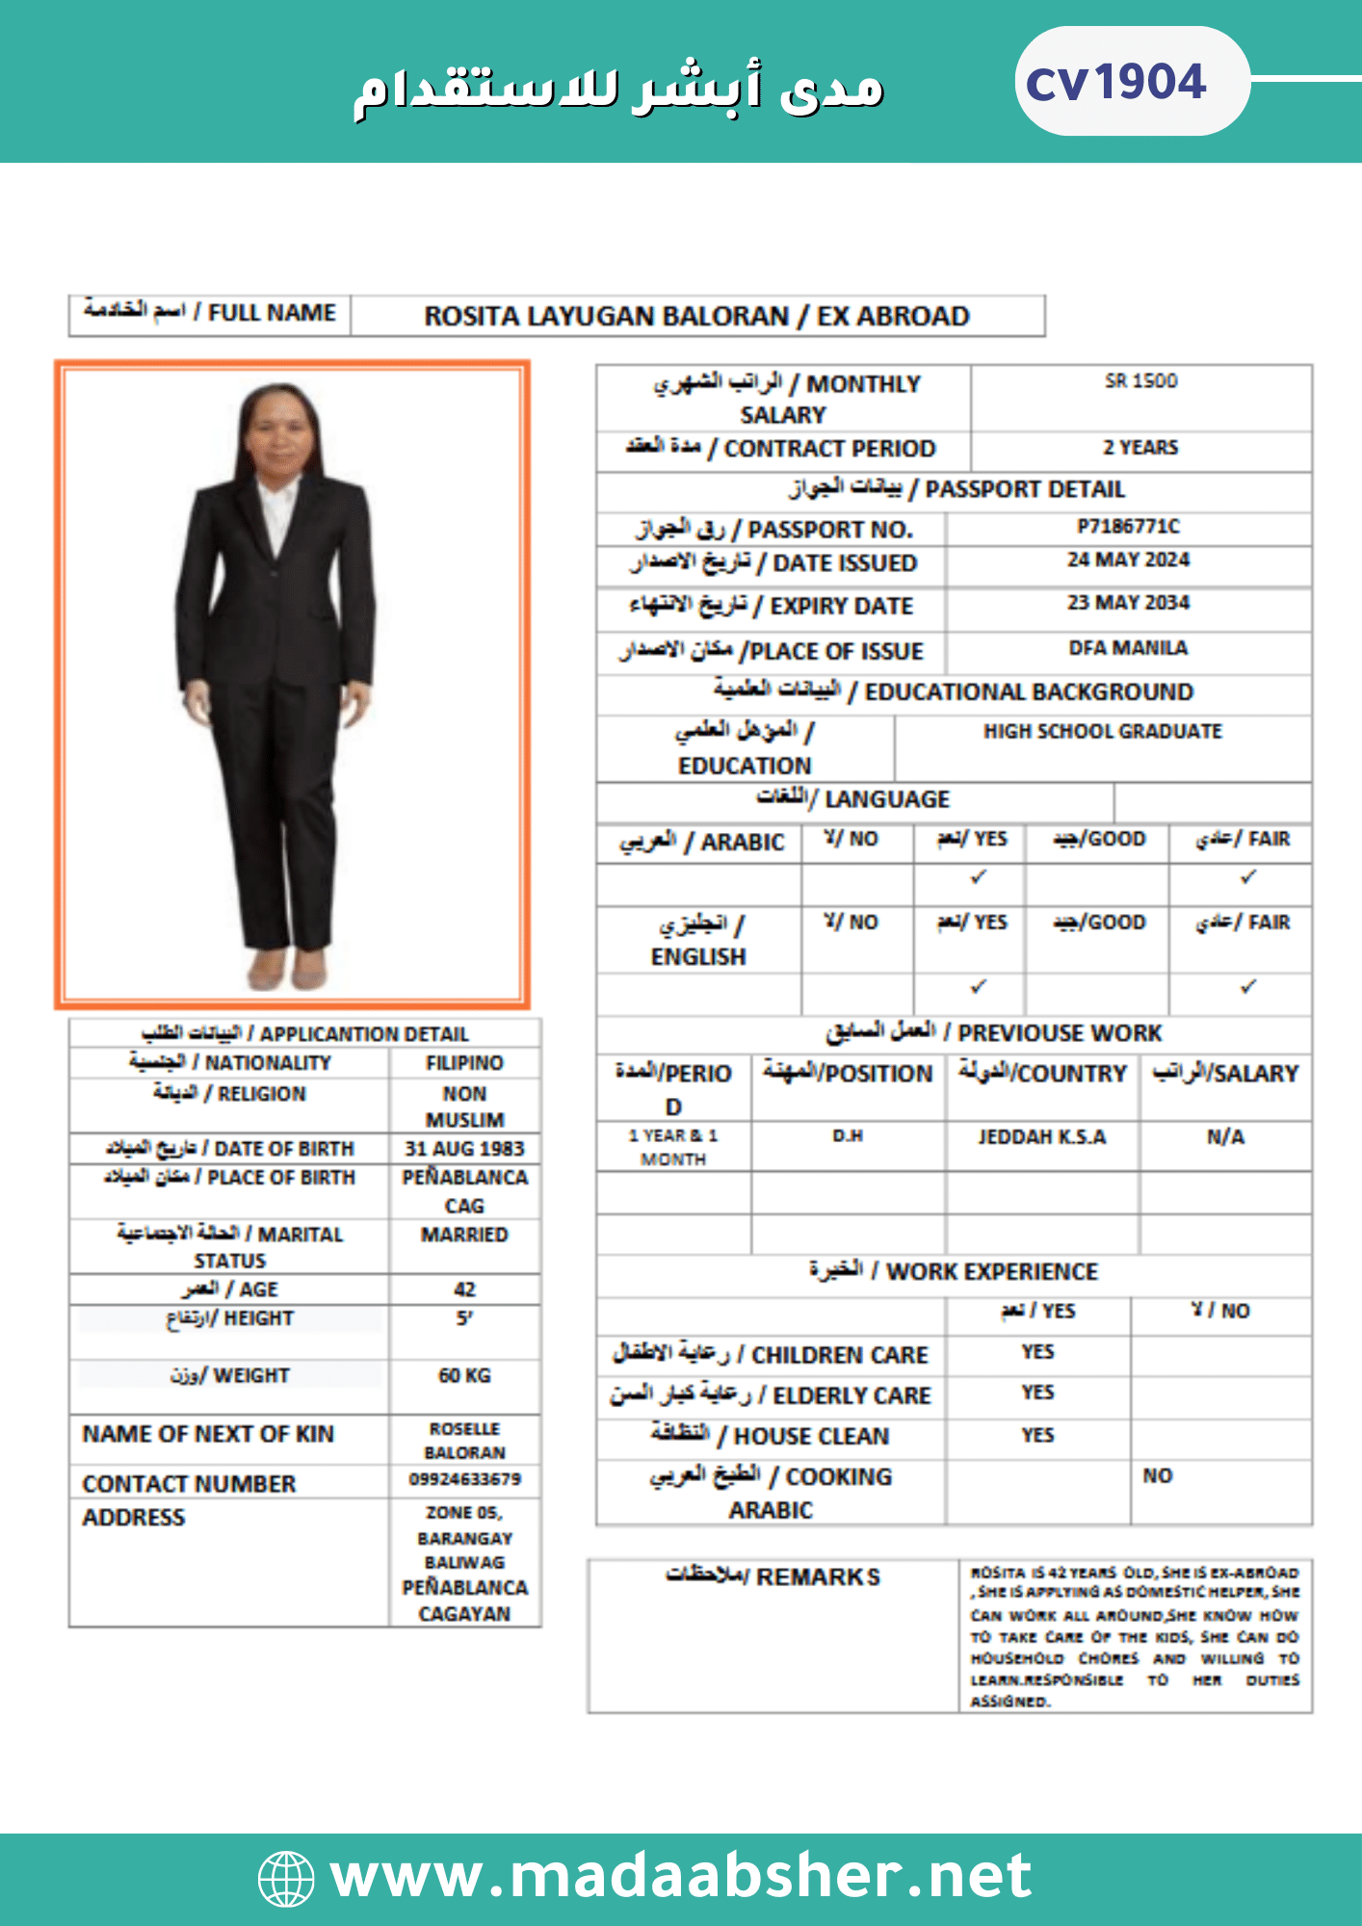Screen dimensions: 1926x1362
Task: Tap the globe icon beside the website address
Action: click(286, 1878)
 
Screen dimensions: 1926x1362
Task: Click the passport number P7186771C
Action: click(1128, 527)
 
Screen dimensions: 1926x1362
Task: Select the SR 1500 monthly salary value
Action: click(1140, 381)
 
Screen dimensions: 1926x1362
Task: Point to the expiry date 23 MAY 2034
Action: click(1128, 603)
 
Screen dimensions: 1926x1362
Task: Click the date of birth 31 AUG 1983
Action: click(464, 1149)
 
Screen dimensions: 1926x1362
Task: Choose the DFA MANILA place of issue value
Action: click(1128, 648)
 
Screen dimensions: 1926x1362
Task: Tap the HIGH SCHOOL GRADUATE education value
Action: click(1102, 732)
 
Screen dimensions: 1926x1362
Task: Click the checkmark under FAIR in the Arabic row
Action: click(1248, 877)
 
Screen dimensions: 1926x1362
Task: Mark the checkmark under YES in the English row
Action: click(979, 987)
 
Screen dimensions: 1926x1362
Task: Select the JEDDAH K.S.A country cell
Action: click(1042, 1137)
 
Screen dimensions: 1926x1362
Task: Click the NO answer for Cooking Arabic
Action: click(1158, 1476)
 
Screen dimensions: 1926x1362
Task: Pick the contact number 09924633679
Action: click(464, 1479)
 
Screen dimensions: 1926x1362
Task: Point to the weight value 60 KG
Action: click(464, 1376)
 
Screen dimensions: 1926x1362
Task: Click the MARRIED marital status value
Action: click(464, 1235)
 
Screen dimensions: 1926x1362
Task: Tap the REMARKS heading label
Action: click(773, 1577)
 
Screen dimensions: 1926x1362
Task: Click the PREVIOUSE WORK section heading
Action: click(994, 1033)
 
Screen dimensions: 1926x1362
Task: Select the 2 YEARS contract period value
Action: click(1140, 448)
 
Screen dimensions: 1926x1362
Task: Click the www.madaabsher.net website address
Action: click(680, 1876)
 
